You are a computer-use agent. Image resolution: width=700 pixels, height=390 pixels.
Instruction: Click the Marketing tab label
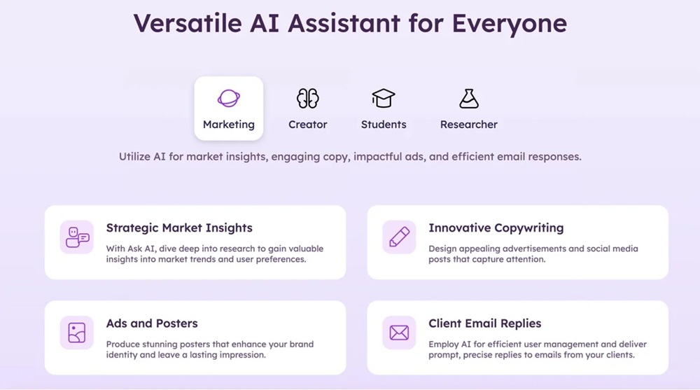coord(229,125)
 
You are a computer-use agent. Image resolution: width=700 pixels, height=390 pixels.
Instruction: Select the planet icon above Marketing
coord(229,98)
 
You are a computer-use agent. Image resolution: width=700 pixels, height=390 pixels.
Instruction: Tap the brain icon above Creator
coord(307,98)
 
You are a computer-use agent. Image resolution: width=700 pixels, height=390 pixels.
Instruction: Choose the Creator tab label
coord(307,125)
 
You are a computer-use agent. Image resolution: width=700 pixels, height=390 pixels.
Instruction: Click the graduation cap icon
coord(384,98)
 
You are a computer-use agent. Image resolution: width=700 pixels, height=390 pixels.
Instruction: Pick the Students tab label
coord(384,125)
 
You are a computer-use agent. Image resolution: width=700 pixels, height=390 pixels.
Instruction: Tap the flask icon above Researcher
coord(469,98)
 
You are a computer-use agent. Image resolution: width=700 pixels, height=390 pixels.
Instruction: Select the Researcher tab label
coord(469,125)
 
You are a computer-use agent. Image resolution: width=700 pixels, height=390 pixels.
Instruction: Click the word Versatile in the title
coord(188,23)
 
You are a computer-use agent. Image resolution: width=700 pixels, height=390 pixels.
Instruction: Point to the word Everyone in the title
coord(510,24)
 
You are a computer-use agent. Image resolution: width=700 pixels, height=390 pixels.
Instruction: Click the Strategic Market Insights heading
coord(179,228)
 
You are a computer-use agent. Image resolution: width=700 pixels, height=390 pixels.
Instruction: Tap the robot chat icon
coord(77,237)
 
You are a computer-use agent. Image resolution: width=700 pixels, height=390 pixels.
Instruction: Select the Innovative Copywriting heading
coord(496,228)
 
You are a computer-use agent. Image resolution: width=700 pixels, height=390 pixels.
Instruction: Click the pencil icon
coord(399,237)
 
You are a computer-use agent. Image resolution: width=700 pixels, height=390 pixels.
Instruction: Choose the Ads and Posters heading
coord(152,323)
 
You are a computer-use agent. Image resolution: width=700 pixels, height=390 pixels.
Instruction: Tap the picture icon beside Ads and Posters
coord(77,333)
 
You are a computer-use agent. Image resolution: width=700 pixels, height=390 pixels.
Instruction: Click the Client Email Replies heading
coord(485,323)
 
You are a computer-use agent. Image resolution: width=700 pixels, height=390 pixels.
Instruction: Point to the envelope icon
coord(399,333)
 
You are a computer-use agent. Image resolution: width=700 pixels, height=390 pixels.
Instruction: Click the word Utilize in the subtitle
coord(134,157)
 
